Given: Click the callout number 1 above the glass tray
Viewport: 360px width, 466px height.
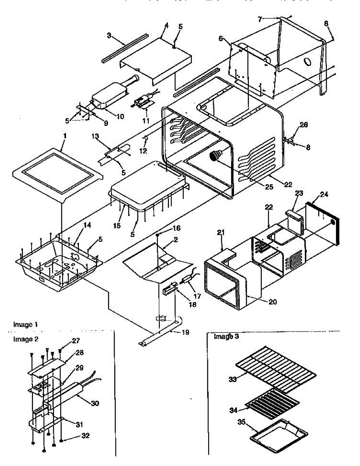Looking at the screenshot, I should (x=65, y=137).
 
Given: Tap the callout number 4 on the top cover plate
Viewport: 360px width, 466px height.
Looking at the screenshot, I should (x=166, y=26).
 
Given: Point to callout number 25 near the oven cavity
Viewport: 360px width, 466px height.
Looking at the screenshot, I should (x=269, y=187).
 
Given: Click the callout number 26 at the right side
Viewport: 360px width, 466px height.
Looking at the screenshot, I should (x=303, y=125).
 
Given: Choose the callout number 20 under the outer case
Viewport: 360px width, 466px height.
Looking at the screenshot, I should (x=273, y=302).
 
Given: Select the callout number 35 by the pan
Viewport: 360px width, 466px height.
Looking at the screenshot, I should (x=242, y=423).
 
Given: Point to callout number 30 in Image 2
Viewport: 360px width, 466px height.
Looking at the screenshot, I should (x=94, y=403).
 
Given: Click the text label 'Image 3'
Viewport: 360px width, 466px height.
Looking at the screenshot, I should (x=226, y=337).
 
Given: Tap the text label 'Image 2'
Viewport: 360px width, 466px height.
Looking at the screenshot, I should (x=26, y=339).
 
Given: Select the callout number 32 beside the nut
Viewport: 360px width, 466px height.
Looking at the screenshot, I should (x=85, y=436).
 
